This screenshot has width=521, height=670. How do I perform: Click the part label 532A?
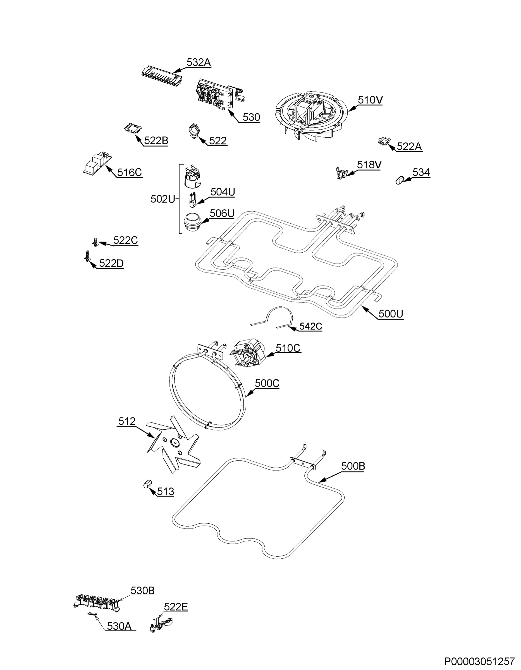(x=199, y=62)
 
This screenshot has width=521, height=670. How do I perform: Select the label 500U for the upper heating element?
(x=391, y=314)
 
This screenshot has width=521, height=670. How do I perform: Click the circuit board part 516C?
(x=97, y=163)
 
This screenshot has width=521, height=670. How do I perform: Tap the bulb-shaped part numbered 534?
(x=400, y=180)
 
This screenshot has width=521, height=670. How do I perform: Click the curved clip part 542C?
(x=272, y=317)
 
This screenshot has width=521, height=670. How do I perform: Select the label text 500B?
(x=353, y=466)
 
